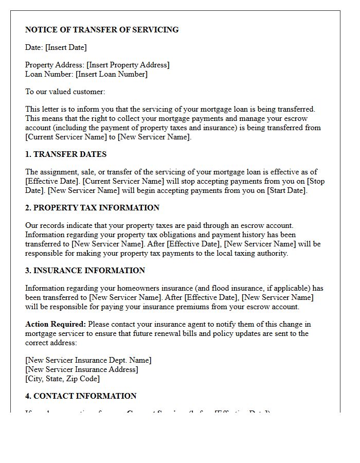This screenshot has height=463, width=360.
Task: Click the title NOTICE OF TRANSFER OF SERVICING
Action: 102,30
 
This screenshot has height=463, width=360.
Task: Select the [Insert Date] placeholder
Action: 66,47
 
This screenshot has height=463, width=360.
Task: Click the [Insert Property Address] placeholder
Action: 128,65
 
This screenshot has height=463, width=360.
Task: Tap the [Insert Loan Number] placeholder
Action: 112,74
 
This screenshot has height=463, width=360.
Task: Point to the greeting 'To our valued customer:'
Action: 65,92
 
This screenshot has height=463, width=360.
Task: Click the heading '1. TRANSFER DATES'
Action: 66,154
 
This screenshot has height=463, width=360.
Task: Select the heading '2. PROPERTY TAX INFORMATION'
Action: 93,208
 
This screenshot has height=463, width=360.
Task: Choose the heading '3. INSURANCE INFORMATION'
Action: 85,271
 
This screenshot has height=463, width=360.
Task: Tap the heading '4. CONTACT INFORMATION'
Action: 81,396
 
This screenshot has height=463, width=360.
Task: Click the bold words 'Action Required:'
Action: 56,324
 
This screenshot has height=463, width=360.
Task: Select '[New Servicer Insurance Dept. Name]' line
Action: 88,360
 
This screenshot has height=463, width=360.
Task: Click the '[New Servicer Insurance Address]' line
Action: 82,369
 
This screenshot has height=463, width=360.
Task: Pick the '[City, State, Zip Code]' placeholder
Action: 62,379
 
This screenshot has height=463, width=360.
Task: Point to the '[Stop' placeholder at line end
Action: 315,181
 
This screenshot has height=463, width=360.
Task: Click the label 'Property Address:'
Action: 55,65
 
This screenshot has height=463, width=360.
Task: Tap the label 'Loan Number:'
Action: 49,74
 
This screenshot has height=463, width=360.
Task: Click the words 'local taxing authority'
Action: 251,253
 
